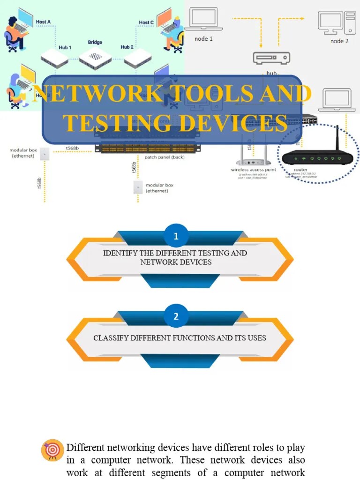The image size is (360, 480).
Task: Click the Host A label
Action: tap(43, 22)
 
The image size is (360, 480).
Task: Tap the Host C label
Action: tap(146, 22)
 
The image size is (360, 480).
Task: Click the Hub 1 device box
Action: tap(55, 58)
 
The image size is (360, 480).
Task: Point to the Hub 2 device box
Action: tap(137, 58)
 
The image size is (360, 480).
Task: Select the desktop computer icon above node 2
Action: tap(336, 22)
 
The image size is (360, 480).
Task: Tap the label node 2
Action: tap(339, 41)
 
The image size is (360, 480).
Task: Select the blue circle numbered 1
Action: tap(176, 236)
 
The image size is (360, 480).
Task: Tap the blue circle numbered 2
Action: tap(176, 316)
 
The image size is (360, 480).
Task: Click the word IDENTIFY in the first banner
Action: tap(120, 253)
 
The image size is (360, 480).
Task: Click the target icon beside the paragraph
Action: tap(52, 450)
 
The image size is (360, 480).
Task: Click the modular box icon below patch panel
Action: tap(138, 187)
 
